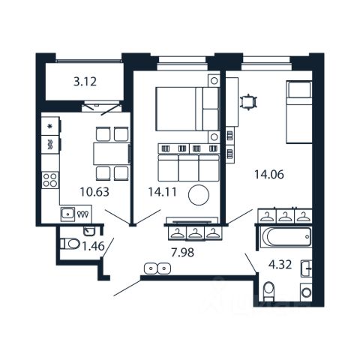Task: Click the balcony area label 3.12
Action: coord(85,82)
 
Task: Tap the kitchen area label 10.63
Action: coord(94,192)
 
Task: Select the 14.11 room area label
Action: coord(163,192)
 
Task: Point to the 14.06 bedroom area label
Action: coord(269,174)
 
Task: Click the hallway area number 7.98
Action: coord(182,253)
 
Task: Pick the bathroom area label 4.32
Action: coord(280,265)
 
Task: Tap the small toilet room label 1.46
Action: coord(93,246)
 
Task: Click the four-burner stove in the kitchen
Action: coord(50,180)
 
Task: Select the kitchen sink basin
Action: coord(67,214)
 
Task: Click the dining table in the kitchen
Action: coord(112,154)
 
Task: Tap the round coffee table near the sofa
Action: coord(199,195)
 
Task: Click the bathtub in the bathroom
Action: coord(286,237)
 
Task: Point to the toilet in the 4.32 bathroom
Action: coord(269,292)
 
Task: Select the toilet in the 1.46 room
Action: coord(70,244)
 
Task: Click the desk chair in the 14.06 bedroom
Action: coord(248,102)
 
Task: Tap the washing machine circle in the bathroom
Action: coord(306,292)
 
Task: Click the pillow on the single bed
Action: coord(299,89)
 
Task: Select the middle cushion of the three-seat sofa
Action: coord(189,167)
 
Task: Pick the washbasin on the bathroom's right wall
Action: coord(306,268)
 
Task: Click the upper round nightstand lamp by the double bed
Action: coord(214,81)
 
